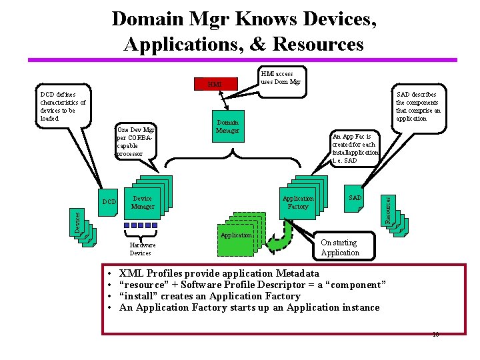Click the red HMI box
pos(215,85)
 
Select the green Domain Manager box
pos(227,127)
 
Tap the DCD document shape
pos(109,201)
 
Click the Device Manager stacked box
pos(143,203)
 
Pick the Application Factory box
pos(297,203)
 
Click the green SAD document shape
pos(355,199)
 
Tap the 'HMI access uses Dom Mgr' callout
pos(281,78)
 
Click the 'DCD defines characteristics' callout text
pos(63,107)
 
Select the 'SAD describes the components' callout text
pos(417,107)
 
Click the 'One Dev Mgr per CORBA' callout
pos(135,141)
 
